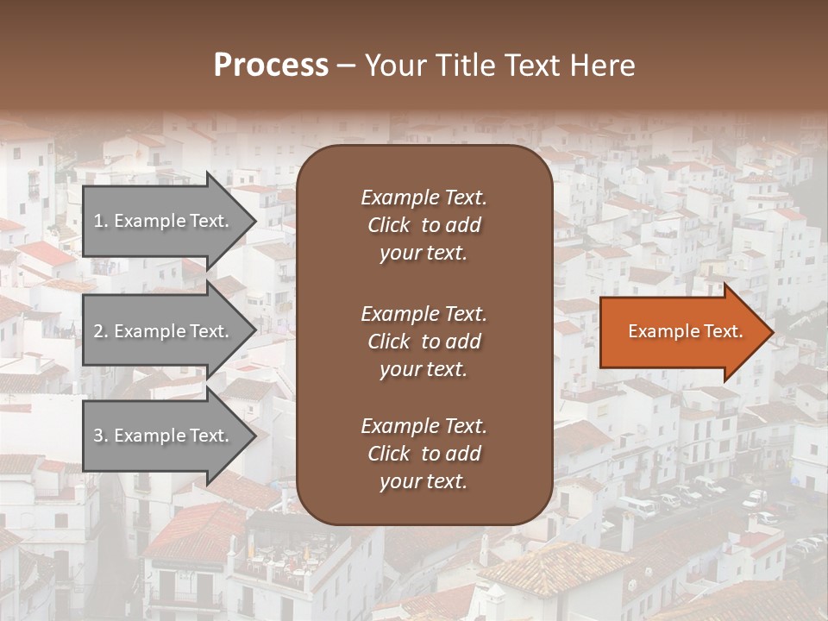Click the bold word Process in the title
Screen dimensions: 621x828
click(271, 66)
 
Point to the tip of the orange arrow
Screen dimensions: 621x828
click(772, 332)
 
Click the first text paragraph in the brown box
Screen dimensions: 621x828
click(423, 225)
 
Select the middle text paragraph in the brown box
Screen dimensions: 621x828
click(423, 342)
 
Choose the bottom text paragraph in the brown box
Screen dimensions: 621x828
click(423, 454)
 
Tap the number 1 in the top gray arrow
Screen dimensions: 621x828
click(98, 221)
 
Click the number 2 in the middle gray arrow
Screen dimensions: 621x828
click(98, 331)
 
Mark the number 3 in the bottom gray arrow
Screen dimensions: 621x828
click(98, 436)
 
